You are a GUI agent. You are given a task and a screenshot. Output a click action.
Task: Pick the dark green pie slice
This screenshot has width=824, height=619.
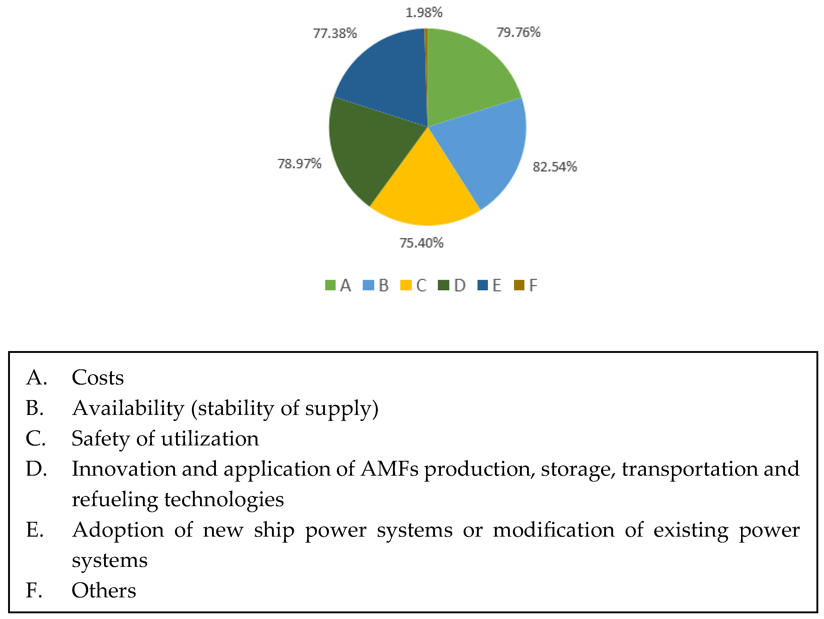tap(369, 149)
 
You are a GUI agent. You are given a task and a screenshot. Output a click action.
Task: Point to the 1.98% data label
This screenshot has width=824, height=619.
tap(424, 13)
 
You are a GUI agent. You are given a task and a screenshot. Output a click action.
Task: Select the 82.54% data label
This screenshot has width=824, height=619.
tap(555, 167)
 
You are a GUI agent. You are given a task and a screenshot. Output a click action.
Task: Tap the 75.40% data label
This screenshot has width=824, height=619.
tap(422, 243)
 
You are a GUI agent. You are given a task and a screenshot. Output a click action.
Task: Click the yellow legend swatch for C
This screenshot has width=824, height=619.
tap(406, 285)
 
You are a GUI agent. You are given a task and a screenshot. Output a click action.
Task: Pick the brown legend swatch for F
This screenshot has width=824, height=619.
tap(519, 285)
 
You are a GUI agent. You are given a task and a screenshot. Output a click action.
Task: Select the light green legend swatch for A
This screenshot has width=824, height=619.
tap(330, 285)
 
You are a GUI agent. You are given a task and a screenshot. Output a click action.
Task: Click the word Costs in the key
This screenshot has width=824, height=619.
tap(98, 377)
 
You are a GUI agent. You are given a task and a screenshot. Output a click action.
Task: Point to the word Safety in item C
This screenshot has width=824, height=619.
tap(100, 439)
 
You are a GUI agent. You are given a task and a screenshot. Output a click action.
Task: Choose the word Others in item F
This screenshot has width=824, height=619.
tap(104, 590)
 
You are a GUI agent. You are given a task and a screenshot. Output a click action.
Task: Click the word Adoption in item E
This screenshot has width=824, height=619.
tap(118, 530)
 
